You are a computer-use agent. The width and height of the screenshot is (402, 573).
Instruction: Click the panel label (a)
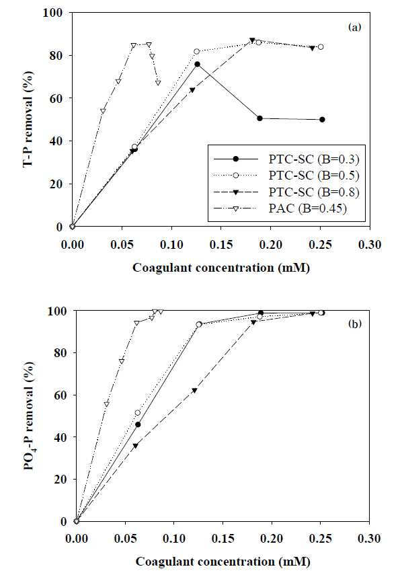354,27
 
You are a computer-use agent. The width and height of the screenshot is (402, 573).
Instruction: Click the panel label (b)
354,323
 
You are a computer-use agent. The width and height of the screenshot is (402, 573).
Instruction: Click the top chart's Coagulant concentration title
221,268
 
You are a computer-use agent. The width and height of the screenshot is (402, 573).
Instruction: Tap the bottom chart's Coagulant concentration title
223,562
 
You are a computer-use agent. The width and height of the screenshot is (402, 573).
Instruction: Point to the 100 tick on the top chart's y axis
52,12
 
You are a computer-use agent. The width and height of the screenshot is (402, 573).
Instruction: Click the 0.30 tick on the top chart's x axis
370,245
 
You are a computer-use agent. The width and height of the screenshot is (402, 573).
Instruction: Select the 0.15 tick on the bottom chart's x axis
223,538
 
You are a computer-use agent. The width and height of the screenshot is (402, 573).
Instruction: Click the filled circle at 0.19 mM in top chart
260,118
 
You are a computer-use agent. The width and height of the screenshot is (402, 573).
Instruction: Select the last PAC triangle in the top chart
158,83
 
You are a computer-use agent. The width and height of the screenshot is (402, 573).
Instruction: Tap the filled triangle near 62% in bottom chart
194,390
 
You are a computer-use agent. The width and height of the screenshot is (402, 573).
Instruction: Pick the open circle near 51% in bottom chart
138,413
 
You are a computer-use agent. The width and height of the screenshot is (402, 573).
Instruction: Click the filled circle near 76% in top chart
197,64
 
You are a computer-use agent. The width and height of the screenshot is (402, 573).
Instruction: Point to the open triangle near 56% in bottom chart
107,404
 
